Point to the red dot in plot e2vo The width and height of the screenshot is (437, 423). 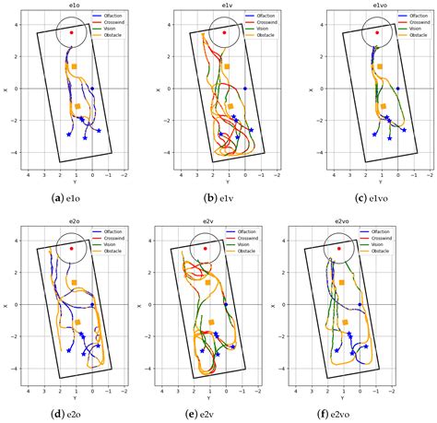339,248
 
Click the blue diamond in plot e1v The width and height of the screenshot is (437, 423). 245,88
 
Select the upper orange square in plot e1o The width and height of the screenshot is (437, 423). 74,66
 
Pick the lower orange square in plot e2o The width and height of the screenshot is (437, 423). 77,322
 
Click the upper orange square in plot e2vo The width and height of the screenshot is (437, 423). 341,282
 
